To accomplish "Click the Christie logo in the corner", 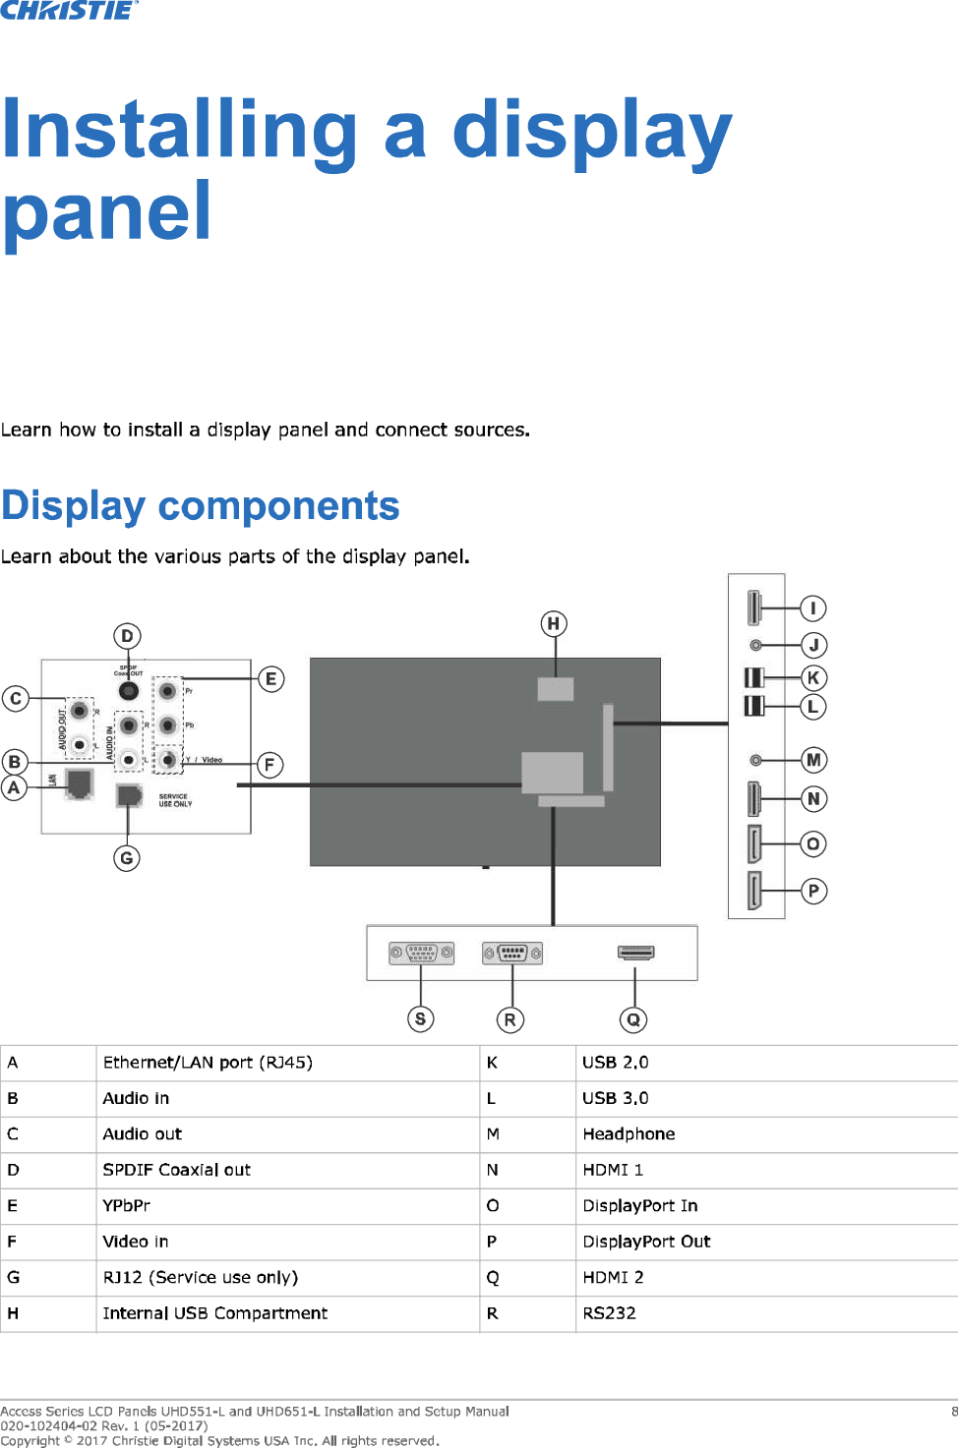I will tap(69, 11).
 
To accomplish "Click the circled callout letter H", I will tap(554, 623).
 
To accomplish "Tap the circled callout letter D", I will tap(127, 636).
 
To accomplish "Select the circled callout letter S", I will tap(420, 1018).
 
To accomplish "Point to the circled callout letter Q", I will tap(633, 1019).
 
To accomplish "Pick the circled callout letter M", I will tap(813, 760).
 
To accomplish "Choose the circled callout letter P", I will tap(813, 891).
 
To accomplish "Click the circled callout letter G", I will tap(127, 858).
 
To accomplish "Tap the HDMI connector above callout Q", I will tap(635, 952).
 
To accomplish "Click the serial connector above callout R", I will tap(512, 953).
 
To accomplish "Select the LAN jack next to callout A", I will tap(79, 783).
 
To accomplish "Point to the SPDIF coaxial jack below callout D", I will tap(129, 691).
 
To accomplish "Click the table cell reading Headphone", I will tap(629, 1134).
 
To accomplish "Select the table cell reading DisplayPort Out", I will tap(646, 1242).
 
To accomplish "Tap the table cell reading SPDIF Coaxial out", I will tap(177, 1170).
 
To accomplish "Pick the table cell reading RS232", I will tap(609, 1313).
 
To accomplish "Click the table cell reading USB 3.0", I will tap(615, 1098).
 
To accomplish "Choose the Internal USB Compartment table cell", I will tap(215, 1313).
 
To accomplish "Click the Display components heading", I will tap(201, 506).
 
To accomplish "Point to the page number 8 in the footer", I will tap(953, 1412).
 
